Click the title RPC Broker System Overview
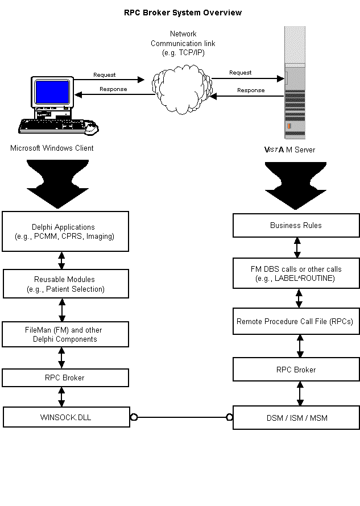[x=183, y=13]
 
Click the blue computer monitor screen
[x=52, y=92]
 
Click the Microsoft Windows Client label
[x=52, y=148]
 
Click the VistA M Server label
[x=289, y=150]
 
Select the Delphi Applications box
[x=64, y=231]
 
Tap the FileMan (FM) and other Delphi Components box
[x=63, y=334]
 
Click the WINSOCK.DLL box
[x=63, y=417]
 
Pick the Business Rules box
[x=296, y=226]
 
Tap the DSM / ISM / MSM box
[x=296, y=418]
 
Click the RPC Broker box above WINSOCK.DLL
[x=64, y=377]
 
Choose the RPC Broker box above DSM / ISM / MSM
[x=296, y=370]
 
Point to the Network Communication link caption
[x=183, y=43]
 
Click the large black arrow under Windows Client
[x=57, y=185]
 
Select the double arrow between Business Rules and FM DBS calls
[x=297, y=247]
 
